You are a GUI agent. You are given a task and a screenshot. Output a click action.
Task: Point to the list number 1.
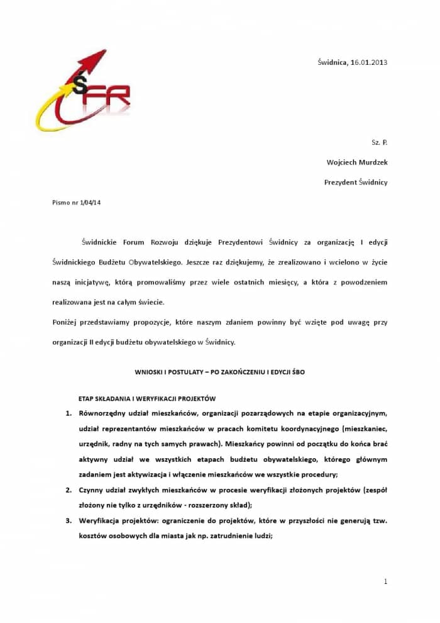tap(69, 413)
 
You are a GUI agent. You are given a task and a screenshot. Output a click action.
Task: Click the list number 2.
tap(69, 489)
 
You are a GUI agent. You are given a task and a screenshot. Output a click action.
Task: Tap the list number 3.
tap(69, 520)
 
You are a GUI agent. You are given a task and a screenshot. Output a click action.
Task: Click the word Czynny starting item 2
tap(92, 489)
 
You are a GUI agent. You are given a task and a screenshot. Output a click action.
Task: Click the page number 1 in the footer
tap(385, 581)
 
